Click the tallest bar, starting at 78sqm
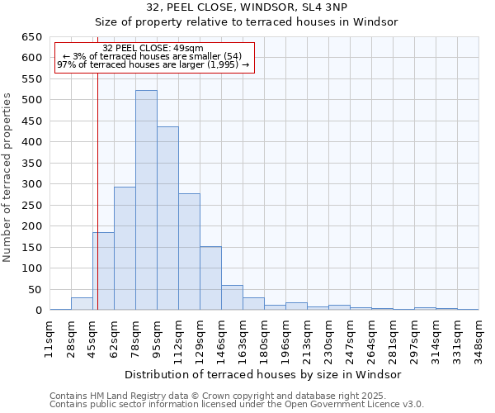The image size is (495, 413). (146, 200)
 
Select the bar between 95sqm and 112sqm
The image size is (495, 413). (167, 218)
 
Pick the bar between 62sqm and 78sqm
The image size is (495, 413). (125, 248)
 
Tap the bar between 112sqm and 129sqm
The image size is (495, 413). (189, 252)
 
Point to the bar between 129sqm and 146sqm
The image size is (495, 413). (210, 278)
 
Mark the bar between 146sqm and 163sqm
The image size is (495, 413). (232, 297)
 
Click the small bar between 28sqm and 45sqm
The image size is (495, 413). (82, 304)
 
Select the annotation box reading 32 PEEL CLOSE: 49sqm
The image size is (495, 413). (153, 57)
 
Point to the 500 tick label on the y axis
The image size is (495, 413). (31, 100)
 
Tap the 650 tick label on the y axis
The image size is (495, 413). (31, 37)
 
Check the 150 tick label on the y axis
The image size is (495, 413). (31, 247)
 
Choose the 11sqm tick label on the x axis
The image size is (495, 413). (49, 335)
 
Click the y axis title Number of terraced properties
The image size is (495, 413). (8, 178)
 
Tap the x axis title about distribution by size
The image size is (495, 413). (257, 374)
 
